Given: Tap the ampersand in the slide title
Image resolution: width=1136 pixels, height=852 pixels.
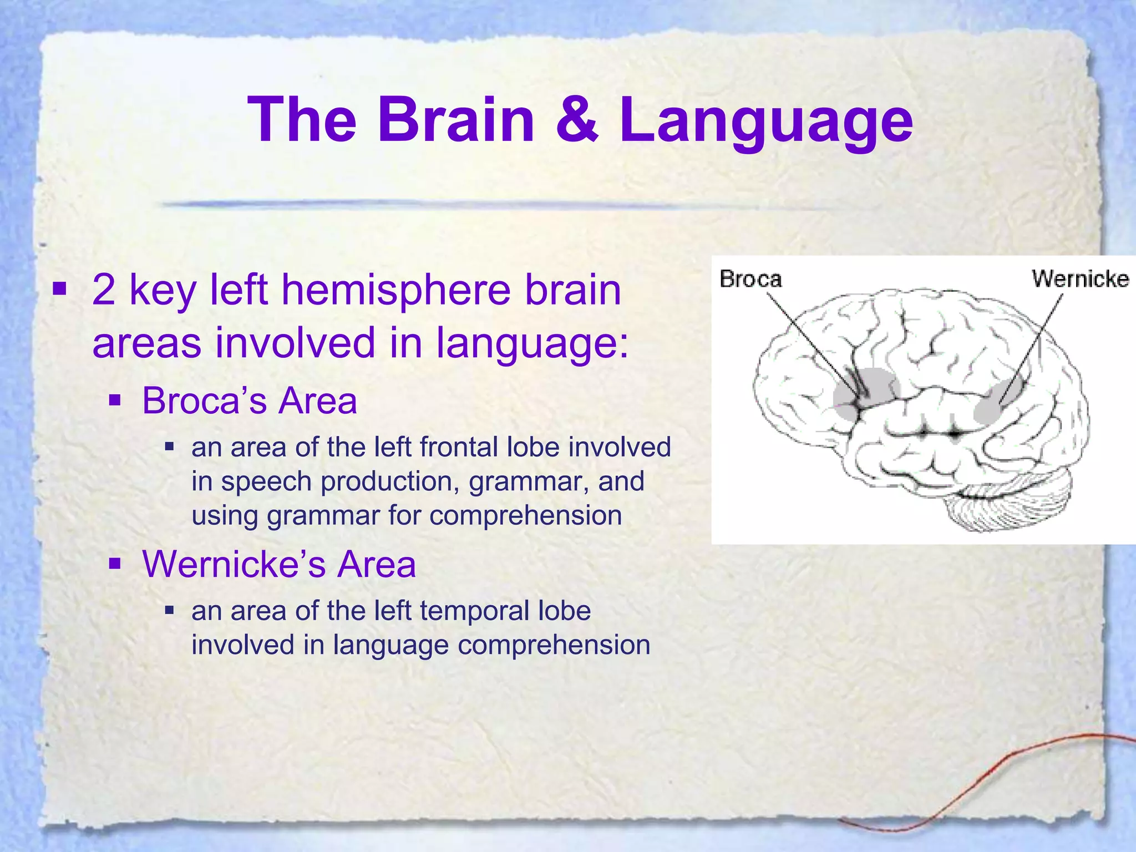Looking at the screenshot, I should click(x=577, y=120).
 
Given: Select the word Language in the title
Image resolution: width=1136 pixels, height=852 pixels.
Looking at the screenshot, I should click(x=765, y=122).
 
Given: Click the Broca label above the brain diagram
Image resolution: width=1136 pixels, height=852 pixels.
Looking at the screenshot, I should click(x=750, y=279).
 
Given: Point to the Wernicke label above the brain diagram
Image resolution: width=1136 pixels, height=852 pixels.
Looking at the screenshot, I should click(x=1080, y=278).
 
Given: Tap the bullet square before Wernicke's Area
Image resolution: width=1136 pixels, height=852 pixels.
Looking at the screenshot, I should click(x=115, y=564).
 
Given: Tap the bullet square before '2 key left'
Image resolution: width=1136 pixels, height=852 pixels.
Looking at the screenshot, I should click(x=59, y=289).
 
